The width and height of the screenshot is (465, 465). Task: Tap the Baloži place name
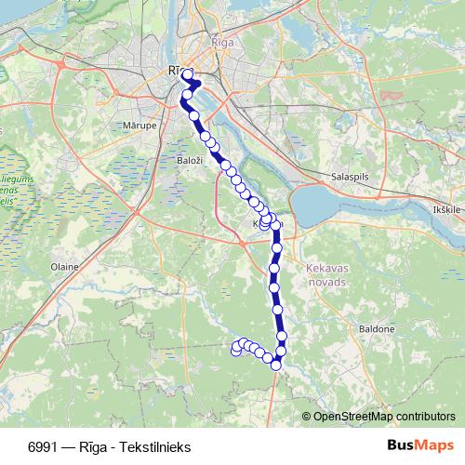(x=190, y=161)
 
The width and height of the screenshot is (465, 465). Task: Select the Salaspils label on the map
(x=350, y=177)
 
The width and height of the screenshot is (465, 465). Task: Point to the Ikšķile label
(x=446, y=210)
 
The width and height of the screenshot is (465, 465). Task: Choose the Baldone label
(x=377, y=328)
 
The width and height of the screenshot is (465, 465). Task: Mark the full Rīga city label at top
(x=223, y=43)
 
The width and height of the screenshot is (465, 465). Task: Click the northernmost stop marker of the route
(x=187, y=74)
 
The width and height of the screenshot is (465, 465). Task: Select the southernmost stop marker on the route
(x=276, y=365)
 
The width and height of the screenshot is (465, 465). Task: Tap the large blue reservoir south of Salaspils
(x=325, y=201)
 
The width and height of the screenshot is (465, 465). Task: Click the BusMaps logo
(x=420, y=445)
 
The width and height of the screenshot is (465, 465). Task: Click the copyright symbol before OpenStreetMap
(x=307, y=416)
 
